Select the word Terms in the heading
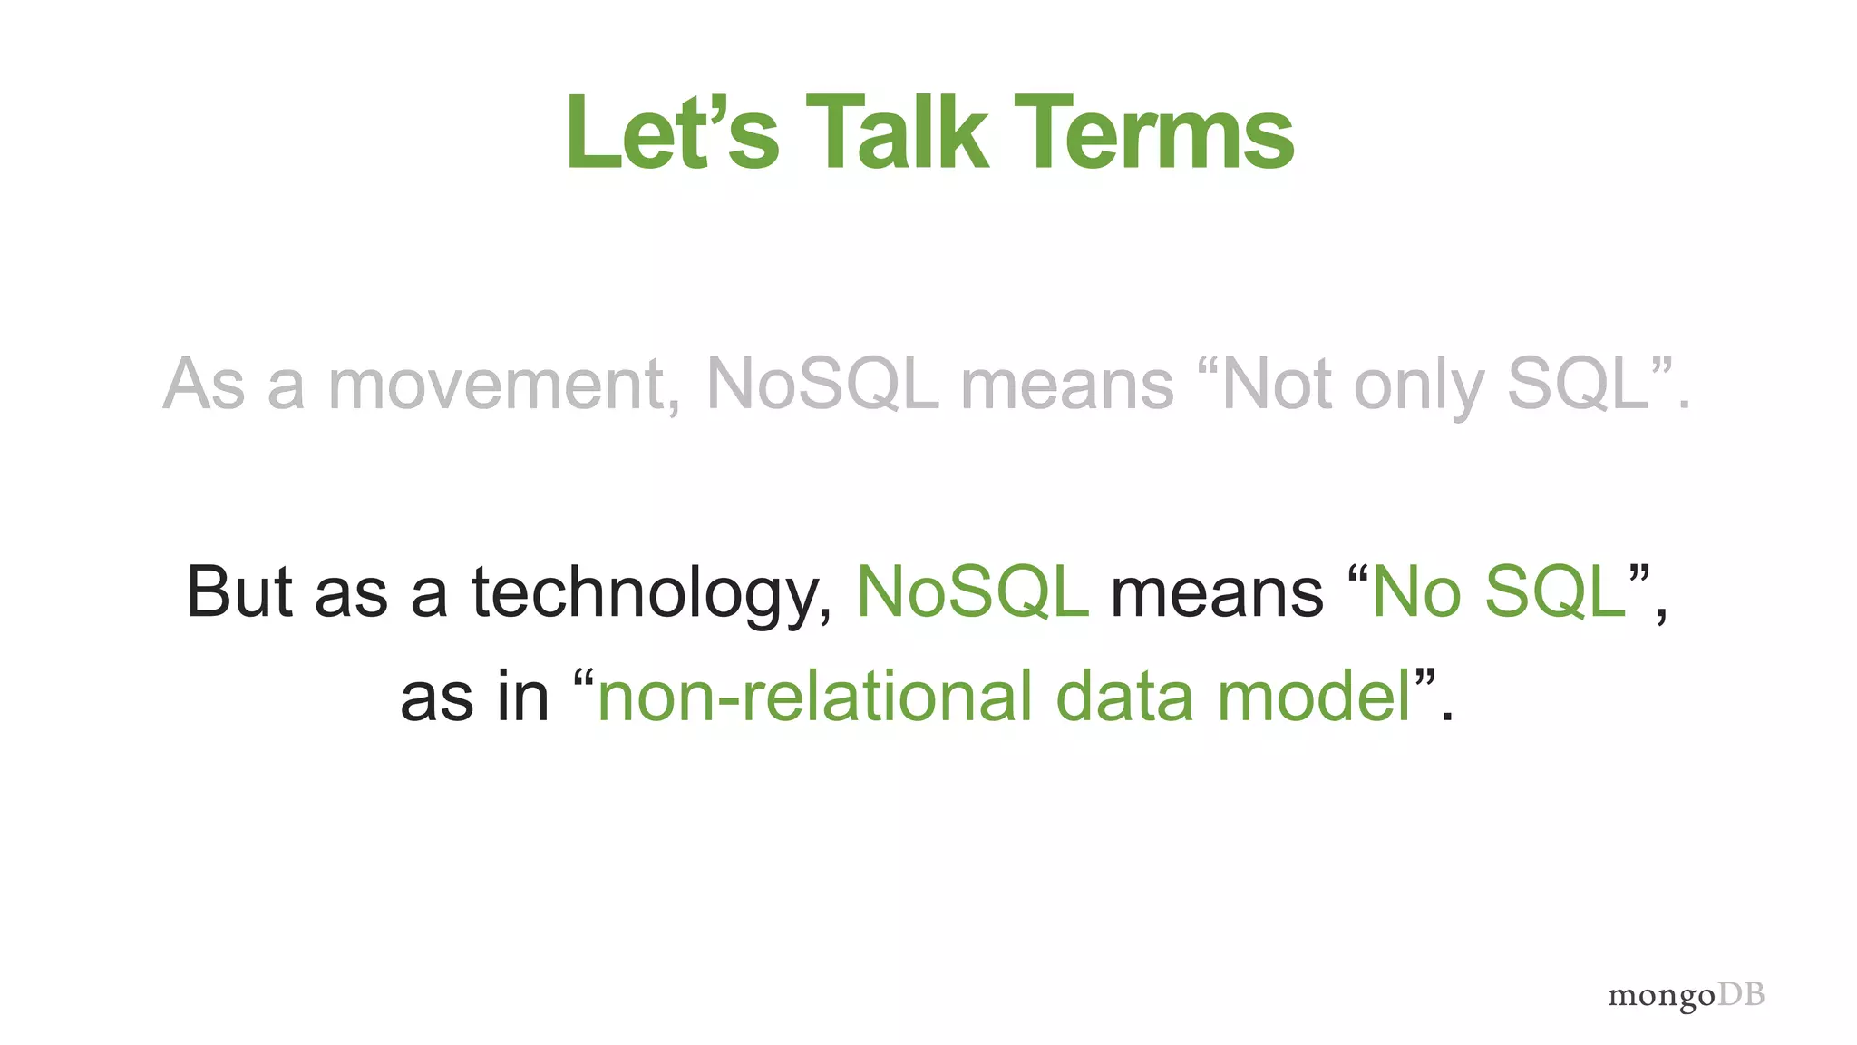coord(1153,134)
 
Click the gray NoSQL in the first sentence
coord(821,385)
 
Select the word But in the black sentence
coord(239,592)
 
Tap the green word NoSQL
coord(972,592)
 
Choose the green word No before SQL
coord(1415,592)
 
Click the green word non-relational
coord(814,697)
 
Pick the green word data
coord(1124,697)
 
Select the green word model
coord(1314,697)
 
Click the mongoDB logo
coord(1686,995)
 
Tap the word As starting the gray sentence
coord(204,385)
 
